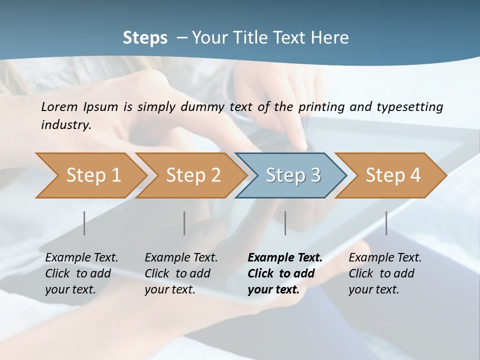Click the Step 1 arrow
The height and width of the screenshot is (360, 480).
pyautogui.click(x=93, y=175)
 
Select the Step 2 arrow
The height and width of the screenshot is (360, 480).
pyautogui.click(x=193, y=175)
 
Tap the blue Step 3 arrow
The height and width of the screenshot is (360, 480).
pyautogui.click(x=292, y=175)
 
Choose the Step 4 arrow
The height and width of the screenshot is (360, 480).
pyautogui.click(x=392, y=175)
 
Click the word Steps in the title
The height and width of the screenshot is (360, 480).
pyautogui.click(x=145, y=38)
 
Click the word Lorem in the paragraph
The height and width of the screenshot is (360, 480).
pyautogui.click(x=59, y=106)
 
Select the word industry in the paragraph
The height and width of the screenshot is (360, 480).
pyautogui.click(x=66, y=124)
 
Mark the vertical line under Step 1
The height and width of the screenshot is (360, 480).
pyautogui.click(x=84, y=223)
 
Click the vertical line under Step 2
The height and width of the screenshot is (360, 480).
pyautogui.click(x=184, y=223)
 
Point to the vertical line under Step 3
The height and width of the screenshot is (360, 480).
pyautogui.click(x=285, y=223)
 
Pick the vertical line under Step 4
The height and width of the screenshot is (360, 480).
pyautogui.click(x=386, y=223)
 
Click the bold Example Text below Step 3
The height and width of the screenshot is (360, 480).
pyautogui.click(x=285, y=258)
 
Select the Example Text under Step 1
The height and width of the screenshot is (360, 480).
pyautogui.click(x=81, y=258)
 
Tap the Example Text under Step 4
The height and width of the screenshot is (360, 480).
pyautogui.click(x=385, y=258)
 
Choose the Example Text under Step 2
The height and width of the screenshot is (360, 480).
pyautogui.click(x=181, y=258)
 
